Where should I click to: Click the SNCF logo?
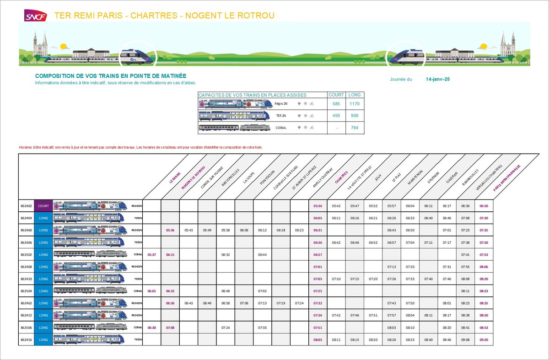click(35, 16)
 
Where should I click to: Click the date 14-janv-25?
click(438, 79)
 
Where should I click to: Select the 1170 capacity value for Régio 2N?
click(355, 104)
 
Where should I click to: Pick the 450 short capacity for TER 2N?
click(336, 116)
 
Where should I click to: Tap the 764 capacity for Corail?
click(355, 128)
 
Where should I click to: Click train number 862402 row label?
click(26, 206)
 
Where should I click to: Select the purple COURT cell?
click(43, 206)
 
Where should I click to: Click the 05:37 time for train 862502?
click(152, 254)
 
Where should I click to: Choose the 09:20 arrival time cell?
click(484, 339)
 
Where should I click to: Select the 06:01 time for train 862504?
click(152, 291)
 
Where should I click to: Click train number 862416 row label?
click(26, 339)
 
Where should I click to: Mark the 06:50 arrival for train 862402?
click(484, 206)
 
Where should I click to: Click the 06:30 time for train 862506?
click(152, 328)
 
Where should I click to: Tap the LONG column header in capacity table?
click(355, 95)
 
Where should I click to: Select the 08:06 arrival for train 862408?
click(484, 267)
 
